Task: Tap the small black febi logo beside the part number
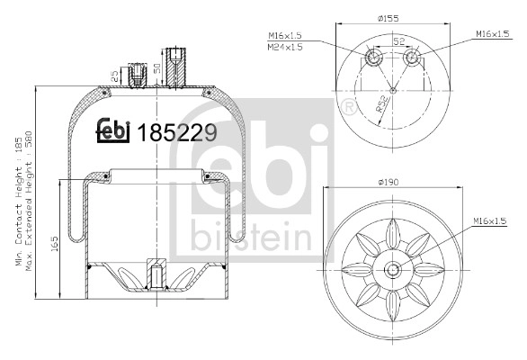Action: [x=115, y=132]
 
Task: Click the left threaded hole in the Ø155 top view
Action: [x=374, y=59]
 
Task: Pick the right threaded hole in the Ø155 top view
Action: [x=412, y=59]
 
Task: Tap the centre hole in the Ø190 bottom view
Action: [x=393, y=269]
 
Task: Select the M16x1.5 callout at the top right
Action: [x=492, y=34]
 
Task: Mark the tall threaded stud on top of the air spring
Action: [x=174, y=67]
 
